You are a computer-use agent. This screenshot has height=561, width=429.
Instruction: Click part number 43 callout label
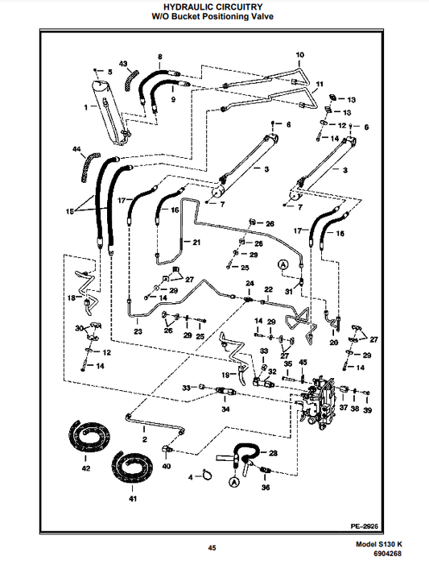pyautogui.click(x=123, y=64)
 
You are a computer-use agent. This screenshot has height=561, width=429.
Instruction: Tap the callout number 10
pyautogui.click(x=299, y=55)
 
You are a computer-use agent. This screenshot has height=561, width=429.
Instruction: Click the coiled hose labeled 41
pyautogui.click(x=132, y=467)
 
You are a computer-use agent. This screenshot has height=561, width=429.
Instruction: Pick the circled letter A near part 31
pyautogui.click(x=283, y=264)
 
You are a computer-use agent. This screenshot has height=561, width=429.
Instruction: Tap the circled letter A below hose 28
pyautogui.click(x=234, y=482)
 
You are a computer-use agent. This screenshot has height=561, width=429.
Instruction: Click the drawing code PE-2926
pyautogui.click(x=365, y=526)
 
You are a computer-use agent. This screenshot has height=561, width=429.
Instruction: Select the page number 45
pyautogui.click(x=212, y=548)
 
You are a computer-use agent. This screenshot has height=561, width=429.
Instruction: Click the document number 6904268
pyautogui.click(x=388, y=554)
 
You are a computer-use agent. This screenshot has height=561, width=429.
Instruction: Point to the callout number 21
pyautogui.click(x=196, y=243)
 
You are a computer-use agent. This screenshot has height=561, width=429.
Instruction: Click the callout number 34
pyautogui.click(x=225, y=409)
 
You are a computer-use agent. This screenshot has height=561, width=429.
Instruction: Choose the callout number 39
pyautogui.click(x=367, y=409)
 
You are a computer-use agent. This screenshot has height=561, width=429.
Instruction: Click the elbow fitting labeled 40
pyautogui.click(x=167, y=450)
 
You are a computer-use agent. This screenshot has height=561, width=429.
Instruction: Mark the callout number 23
pyautogui.click(x=138, y=331)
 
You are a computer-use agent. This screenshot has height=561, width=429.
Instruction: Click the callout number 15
pyautogui.click(x=70, y=211)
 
